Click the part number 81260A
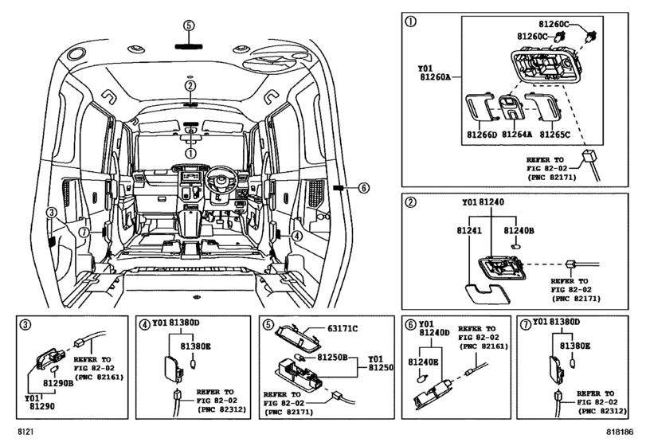pyautogui.click(x=435, y=77)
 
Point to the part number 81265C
pyautogui.click(x=554, y=135)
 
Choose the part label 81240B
pyautogui.click(x=518, y=229)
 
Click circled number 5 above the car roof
pyautogui.click(x=189, y=25)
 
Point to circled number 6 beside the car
pyautogui.click(x=363, y=188)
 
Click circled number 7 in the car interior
pyautogui.click(x=82, y=232)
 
